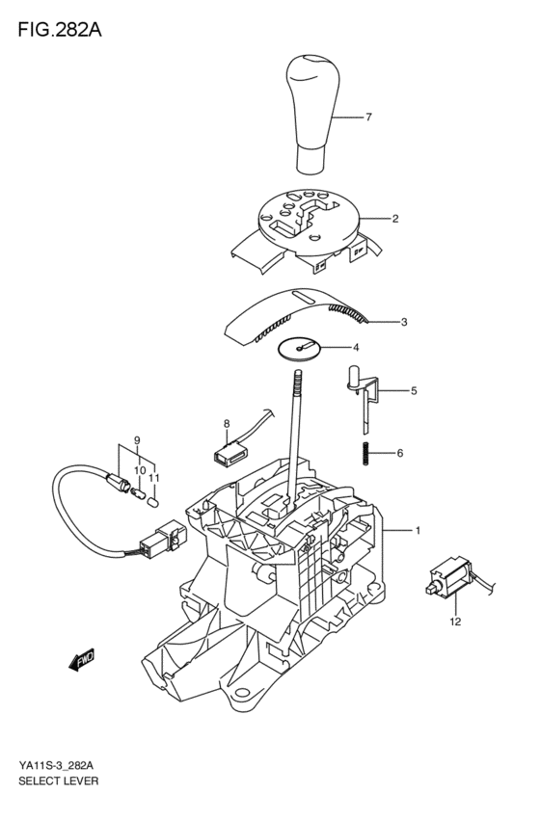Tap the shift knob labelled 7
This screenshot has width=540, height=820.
pos(313,111)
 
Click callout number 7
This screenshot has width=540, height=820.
pos(368,119)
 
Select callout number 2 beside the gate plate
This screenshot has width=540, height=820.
pos(395,219)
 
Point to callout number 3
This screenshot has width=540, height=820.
pos(405,322)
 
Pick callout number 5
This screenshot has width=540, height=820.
pos(414,391)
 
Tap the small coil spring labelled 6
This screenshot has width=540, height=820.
pos(366,453)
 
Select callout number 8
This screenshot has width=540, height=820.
pos(227,424)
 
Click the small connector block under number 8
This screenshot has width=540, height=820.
pos(228,447)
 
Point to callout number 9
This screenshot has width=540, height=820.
pos(138,440)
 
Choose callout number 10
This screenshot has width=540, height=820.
pos(139,469)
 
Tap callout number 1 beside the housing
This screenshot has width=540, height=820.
pos(418,531)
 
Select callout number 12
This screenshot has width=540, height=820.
pos(455,622)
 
